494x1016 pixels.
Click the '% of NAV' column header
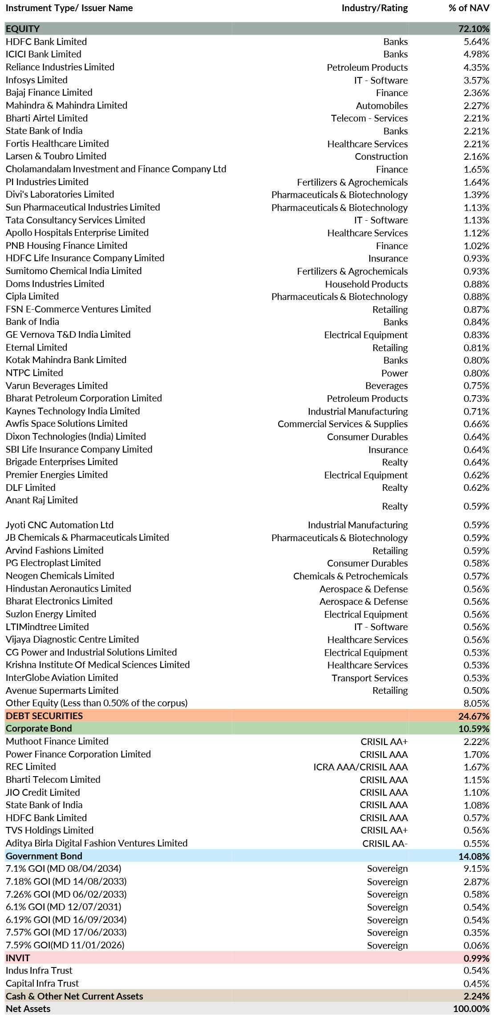coord(469,8)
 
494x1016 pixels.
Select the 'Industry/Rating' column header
coord(375,8)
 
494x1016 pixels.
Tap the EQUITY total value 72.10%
coord(474,29)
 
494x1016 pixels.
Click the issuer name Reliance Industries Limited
coord(60,67)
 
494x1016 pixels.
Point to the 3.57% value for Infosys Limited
coord(476,80)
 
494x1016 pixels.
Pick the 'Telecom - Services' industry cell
coord(369,118)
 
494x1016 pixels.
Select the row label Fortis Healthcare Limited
coord(57,144)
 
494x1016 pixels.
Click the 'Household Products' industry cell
coord(366,284)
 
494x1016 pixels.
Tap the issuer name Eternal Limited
coord(36,348)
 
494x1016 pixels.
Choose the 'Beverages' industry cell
coord(386,386)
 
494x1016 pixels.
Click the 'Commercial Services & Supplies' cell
coord(343,424)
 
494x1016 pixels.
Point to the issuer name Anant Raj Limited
coord(42,500)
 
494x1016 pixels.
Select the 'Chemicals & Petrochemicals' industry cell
coord(350,576)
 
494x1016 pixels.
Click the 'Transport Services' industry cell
coord(369,678)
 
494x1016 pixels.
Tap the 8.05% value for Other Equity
coord(476,704)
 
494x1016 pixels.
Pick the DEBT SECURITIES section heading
coord(44,716)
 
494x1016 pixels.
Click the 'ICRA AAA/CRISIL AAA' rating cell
coord(360,767)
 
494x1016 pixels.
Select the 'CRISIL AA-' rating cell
coord(385,844)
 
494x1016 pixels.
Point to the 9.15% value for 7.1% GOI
coord(476,869)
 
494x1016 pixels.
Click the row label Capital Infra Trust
coord(42,984)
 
